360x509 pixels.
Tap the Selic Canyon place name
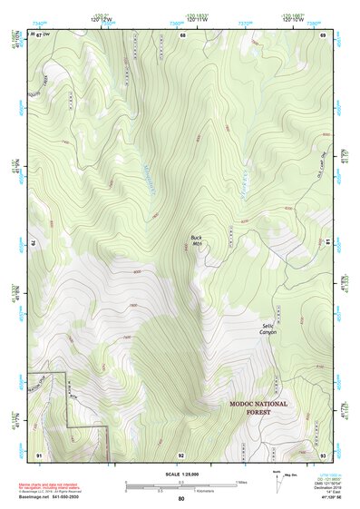(268, 328)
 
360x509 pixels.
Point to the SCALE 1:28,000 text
(180, 472)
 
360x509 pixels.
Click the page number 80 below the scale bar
(180, 499)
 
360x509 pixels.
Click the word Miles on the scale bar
(240, 481)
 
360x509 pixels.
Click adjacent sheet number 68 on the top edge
(181, 34)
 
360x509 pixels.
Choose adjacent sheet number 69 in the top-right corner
(324, 34)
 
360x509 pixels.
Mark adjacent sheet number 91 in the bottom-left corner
(38, 455)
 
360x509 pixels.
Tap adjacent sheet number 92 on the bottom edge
(181, 455)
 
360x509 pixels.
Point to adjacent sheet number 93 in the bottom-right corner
(324, 455)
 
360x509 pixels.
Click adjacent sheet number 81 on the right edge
(326, 243)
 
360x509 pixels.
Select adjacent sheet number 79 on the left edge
(34, 243)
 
